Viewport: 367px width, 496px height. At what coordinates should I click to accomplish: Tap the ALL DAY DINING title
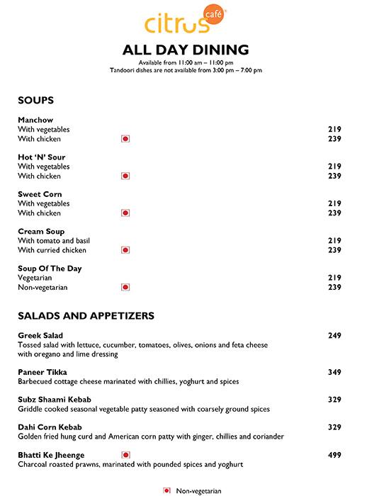click(186, 50)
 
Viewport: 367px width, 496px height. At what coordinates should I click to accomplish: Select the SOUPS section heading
click(35, 101)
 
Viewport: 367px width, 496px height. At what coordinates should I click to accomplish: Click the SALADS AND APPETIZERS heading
click(86, 316)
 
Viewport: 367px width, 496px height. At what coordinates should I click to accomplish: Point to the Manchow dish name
click(35, 120)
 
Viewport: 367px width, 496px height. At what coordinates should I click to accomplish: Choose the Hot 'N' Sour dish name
click(42, 157)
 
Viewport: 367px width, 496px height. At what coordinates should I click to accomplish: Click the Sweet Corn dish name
click(40, 194)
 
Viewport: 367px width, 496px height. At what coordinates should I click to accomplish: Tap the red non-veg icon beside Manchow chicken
click(125, 139)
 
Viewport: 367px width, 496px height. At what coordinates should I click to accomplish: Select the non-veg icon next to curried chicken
click(125, 250)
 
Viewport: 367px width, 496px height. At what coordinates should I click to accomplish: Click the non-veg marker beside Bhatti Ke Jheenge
click(125, 455)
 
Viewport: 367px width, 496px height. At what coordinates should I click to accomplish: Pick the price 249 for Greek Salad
click(334, 335)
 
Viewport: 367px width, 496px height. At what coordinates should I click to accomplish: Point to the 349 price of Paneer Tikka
click(334, 372)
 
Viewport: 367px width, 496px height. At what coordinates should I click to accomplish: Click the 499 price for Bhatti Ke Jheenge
click(334, 455)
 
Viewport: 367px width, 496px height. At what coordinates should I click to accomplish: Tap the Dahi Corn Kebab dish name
click(50, 427)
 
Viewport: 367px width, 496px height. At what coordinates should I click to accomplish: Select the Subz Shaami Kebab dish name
click(55, 400)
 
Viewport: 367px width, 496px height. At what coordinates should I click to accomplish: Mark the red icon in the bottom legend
click(167, 490)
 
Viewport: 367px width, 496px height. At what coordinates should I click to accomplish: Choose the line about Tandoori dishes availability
click(186, 70)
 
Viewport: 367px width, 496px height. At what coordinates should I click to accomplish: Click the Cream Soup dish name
click(41, 232)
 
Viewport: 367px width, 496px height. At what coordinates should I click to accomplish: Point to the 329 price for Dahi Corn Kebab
click(334, 427)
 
